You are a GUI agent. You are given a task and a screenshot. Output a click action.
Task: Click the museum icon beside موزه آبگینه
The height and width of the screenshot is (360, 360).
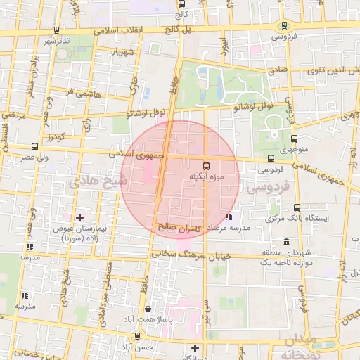[205, 167]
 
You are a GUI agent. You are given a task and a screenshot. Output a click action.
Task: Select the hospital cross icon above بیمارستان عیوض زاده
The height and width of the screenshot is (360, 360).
[79, 217]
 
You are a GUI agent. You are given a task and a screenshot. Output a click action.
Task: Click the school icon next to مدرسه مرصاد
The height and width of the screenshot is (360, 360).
[228, 217]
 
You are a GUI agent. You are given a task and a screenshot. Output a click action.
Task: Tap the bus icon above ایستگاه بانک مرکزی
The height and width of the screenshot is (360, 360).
[297, 208]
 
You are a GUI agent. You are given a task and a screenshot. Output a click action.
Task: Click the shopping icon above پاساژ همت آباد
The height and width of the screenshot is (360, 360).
[147, 309]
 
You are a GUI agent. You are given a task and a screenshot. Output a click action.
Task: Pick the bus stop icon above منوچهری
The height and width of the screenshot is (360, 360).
[293, 139]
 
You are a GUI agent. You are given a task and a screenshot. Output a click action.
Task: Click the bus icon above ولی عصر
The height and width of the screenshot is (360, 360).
[34, 147]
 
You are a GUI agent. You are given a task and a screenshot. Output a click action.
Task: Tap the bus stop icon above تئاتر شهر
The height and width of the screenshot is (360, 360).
[56, 30]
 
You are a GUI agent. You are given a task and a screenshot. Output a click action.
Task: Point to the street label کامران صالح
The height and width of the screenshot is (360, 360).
[179, 228]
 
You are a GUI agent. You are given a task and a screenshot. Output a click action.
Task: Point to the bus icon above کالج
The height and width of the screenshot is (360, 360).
[182, 4]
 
